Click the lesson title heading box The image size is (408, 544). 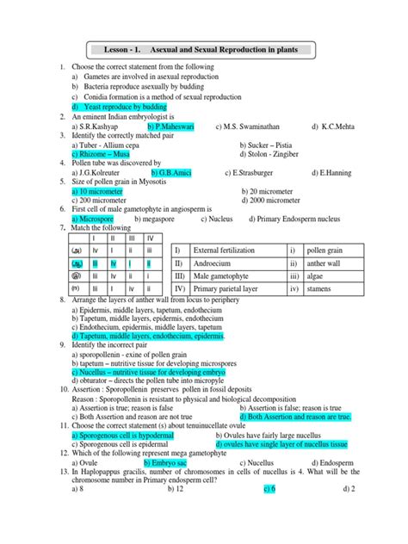click(205, 50)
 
